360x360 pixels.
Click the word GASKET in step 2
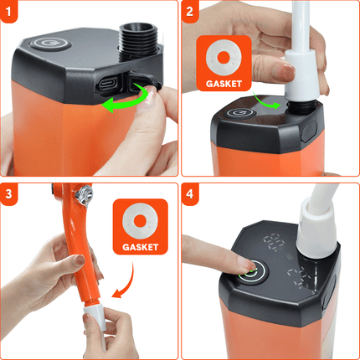click(x=223, y=85)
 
